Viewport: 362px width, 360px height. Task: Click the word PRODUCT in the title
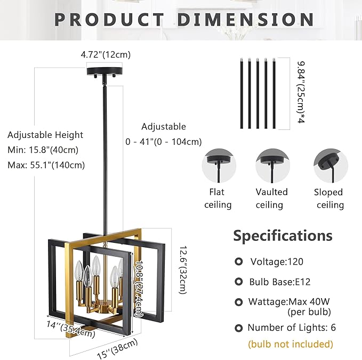[x=109, y=19]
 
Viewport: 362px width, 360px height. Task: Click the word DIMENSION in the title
[x=246, y=19]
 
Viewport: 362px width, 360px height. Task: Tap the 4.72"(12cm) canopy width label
[x=106, y=54]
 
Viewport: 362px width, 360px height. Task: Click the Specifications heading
[x=283, y=235]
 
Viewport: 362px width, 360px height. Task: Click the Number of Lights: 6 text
[x=292, y=328]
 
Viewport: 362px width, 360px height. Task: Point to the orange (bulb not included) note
[x=291, y=344]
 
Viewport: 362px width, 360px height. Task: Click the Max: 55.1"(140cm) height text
[x=46, y=165]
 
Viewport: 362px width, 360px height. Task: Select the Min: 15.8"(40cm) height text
[x=44, y=150]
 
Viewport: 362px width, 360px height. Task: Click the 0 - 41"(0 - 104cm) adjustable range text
[x=164, y=142]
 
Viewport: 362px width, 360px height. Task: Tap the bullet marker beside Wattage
[x=239, y=302]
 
